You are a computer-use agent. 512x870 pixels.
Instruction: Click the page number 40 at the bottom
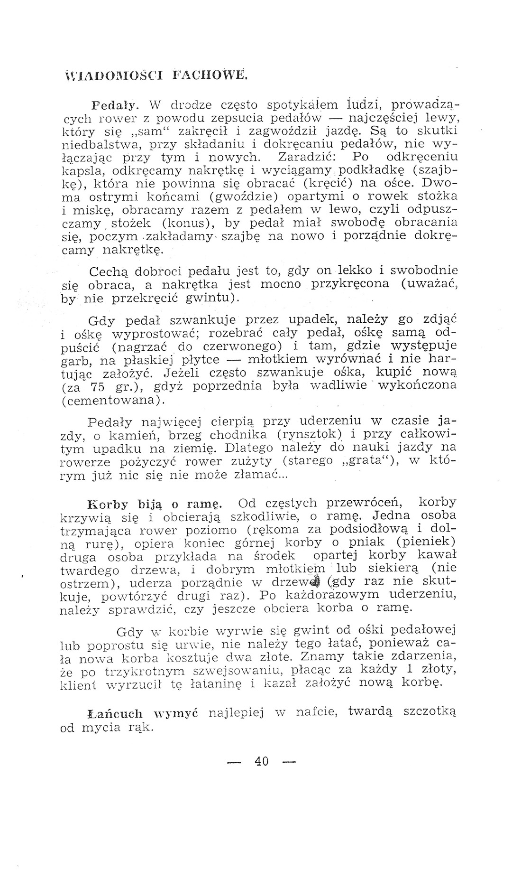(x=261, y=761)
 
